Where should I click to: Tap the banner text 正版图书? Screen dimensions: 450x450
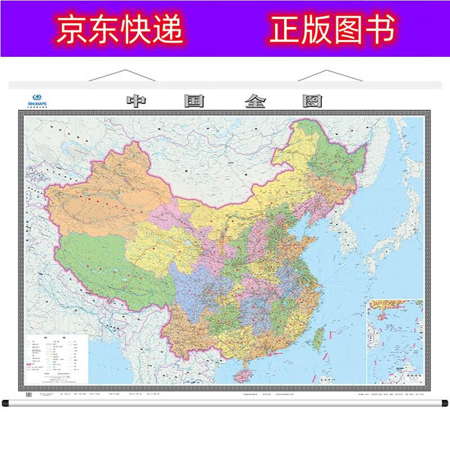click(x=333, y=28)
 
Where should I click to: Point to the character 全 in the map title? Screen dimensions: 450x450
click(x=257, y=102)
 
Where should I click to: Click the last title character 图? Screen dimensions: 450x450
click(x=314, y=102)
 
